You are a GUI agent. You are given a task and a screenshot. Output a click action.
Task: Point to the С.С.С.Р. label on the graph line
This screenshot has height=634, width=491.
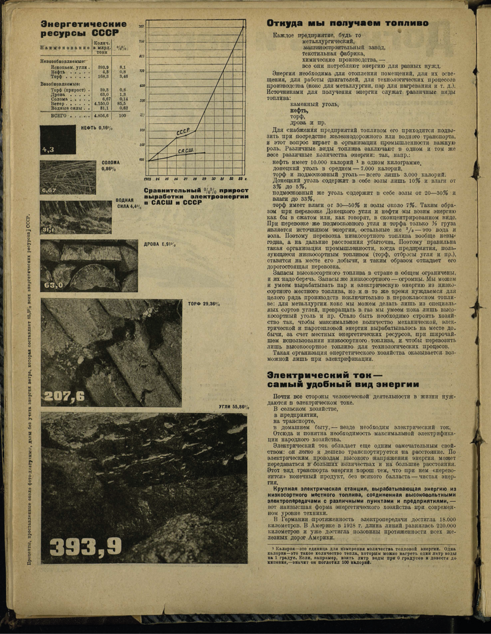[x=183, y=132]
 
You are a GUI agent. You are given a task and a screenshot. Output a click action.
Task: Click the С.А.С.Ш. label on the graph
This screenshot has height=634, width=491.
[x=185, y=150]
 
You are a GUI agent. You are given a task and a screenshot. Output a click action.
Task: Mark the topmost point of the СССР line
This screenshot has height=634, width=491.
[x=243, y=27]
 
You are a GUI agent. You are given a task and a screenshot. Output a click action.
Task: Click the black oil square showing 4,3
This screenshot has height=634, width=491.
[x=57, y=140]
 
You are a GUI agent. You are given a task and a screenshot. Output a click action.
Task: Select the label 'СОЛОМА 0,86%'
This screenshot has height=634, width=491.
[x=111, y=165]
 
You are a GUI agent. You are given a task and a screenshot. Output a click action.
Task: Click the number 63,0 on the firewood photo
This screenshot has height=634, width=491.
[x=53, y=285]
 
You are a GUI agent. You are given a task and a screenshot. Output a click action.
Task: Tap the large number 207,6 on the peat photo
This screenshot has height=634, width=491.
[x=64, y=396]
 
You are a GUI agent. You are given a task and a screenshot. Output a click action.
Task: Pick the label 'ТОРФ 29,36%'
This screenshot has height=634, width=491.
[x=203, y=303]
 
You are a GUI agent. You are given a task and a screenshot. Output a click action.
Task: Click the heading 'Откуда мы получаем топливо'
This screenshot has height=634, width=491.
[x=348, y=23]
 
